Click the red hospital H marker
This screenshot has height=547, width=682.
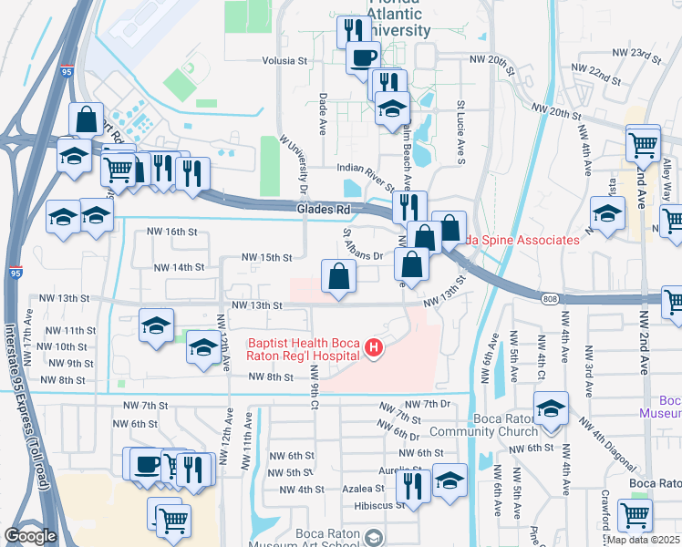(x=372, y=347)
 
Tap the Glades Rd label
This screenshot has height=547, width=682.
(x=324, y=210)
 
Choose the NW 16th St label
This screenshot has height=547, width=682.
(x=174, y=232)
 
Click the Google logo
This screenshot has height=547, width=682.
(x=30, y=536)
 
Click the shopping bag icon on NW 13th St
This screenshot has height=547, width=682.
(x=338, y=275)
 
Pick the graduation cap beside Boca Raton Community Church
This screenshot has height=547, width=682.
(x=551, y=409)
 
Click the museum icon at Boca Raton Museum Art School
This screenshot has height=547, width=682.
(x=372, y=539)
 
